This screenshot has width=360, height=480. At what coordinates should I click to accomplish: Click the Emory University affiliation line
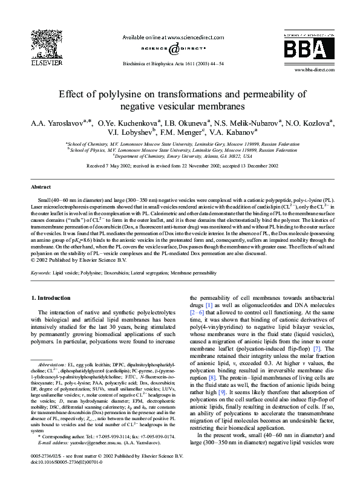click(180, 155)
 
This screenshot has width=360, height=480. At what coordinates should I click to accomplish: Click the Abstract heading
click(41, 187)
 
